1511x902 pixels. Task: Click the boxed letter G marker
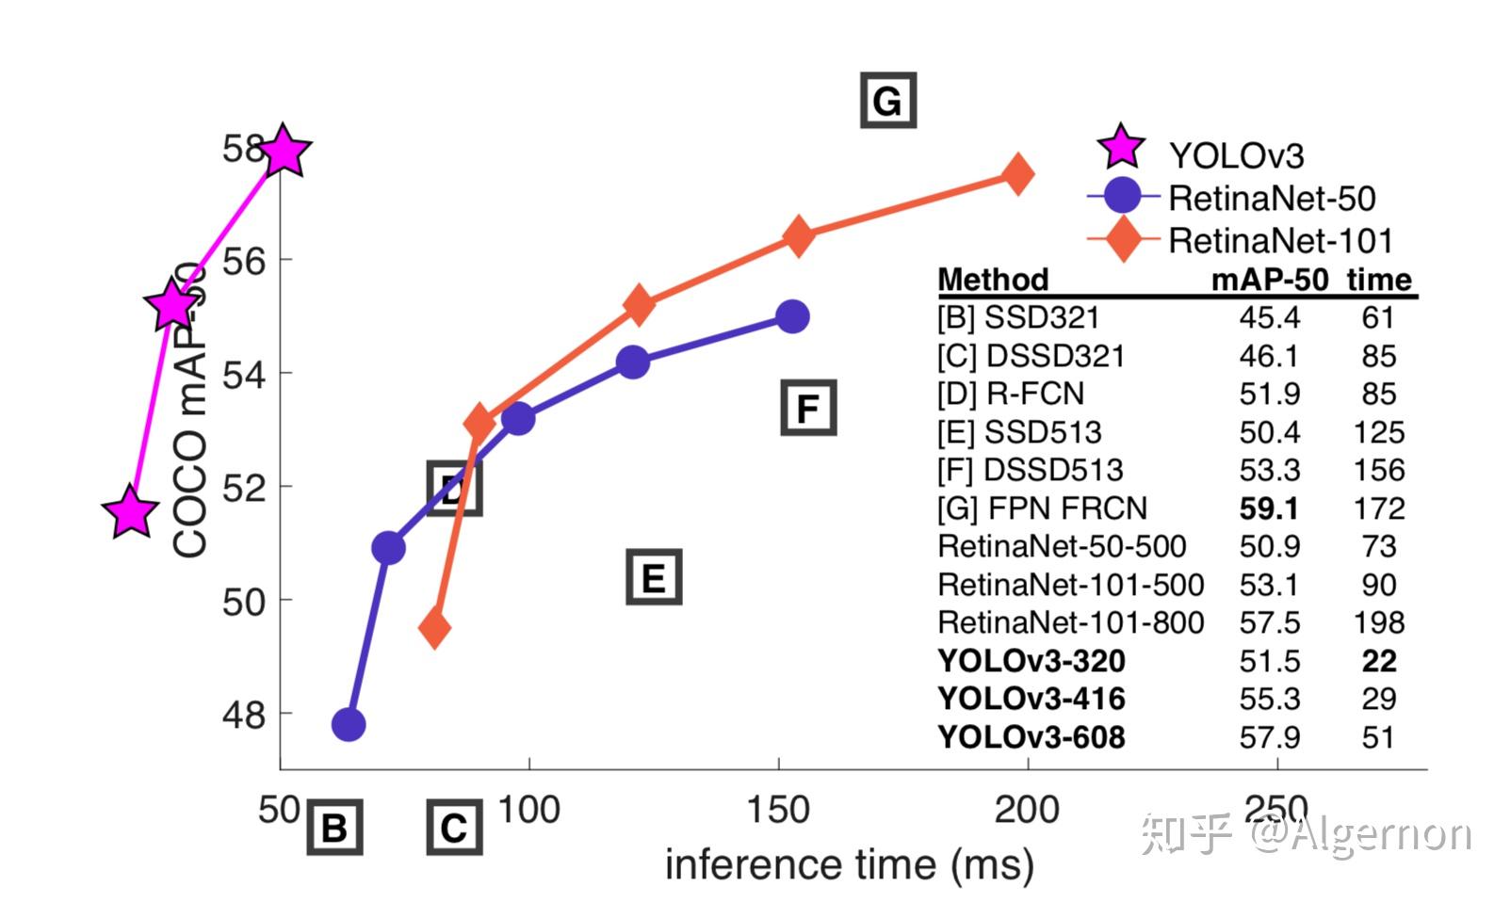pyautogui.click(x=887, y=101)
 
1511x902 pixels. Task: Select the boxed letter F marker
pyautogui.click(x=808, y=409)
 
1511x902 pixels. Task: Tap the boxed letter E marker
pyautogui.click(x=654, y=577)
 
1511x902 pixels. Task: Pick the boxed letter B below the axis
pyautogui.click(x=334, y=829)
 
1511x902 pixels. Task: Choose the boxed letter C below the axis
pyautogui.click(x=454, y=829)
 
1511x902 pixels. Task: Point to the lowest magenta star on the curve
pyautogui.click(x=130, y=513)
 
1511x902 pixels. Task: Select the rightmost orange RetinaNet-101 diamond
pyautogui.click(x=1016, y=174)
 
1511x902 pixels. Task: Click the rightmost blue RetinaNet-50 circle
pyautogui.click(x=793, y=316)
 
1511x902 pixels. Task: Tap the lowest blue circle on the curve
pyautogui.click(x=349, y=724)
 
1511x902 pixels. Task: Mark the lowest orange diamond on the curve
pyautogui.click(x=434, y=627)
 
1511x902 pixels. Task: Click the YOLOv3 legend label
pyautogui.click(x=1236, y=155)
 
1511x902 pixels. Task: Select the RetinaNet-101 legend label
pyautogui.click(x=1280, y=241)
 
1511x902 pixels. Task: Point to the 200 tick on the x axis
pyautogui.click(x=1027, y=810)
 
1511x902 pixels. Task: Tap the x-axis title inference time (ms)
pyautogui.click(x=849, y=864)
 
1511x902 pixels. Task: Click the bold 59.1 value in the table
pyautogui.click(x=1269, y=508)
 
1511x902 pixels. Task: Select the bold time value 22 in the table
pyautogui.click(x=1378, y=661)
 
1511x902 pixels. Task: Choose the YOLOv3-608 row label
pyautogui.click(x=1032, y=737)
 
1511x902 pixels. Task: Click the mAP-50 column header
pyautogui.click(x=1269, y=280)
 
